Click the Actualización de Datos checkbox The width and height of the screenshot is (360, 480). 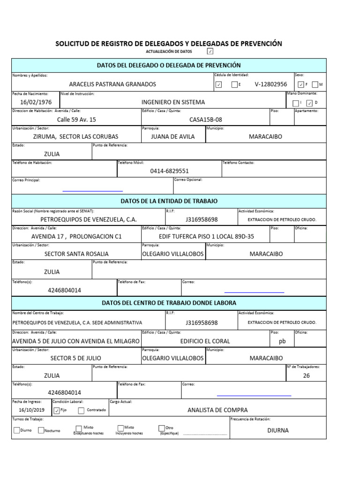pyautogui.click(x=210, y=51)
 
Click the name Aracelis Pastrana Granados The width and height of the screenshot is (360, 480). pyautogui.click(x=112, y=84)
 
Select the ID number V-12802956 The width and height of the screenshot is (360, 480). pyautogui.click(x=271, y=84)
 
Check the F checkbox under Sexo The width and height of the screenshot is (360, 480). pyautogui.click(x=300, y=85)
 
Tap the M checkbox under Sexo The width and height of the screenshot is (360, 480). pyautogui.click(x=315, y=85)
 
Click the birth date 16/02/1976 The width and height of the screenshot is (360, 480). pyautogui.click(x=36, y=102)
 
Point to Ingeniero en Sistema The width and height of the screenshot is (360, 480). pyautogui.click(x=173, y=102)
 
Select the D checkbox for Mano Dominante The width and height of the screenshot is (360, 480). pyautogui.click(x=309, y=103)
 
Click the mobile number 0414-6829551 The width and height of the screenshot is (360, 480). pyautogui.click(x=169, y=171)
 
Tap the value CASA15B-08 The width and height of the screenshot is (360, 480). pyautogui.click(x=205, y=120)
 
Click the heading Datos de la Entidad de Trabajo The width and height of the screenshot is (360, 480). pyautogui.click(x=169, y=201)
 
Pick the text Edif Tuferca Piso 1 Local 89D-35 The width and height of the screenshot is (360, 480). pyautogui.click(x=206, y=237)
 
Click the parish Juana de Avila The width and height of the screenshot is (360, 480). pyautogui.click(x=172, y=137)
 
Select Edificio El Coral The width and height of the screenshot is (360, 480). pyautogui.click(x=205, y=341)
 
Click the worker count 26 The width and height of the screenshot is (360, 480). pyautogui.click(x=306, y=375)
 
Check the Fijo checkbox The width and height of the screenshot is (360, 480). pyautogui.click(x=57, y=411)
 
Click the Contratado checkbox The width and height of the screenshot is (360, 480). pyautogui.click(x=81, y=411)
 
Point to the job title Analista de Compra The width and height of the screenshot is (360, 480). pyautogui.click(x=217, y=410)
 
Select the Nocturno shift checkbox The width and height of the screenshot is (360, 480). pyautogui.click(x=41, y=430)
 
